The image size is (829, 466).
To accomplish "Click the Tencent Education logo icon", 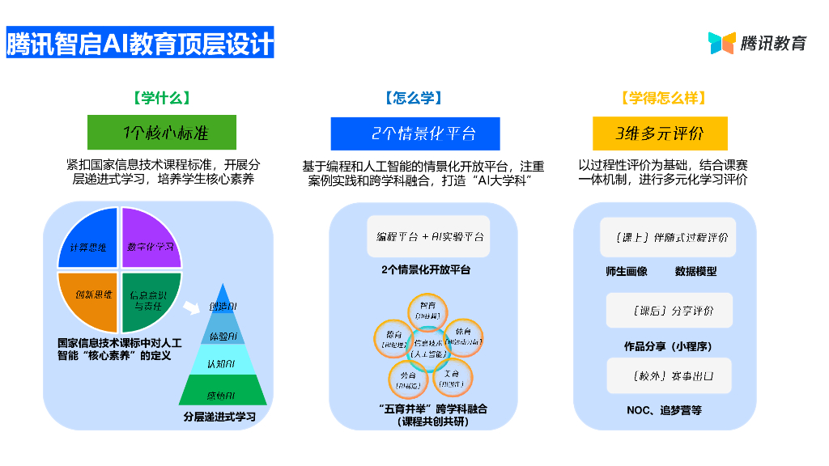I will point(721,43).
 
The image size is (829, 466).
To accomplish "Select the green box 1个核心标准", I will point(161,133).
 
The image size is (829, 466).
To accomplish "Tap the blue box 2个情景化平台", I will point(414,133).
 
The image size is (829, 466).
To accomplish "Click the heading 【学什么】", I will point(162,98).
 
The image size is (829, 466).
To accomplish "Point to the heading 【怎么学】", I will point(414,98).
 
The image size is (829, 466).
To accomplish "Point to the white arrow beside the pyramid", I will point(192,308).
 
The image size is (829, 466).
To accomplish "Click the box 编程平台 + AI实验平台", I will point(429,236).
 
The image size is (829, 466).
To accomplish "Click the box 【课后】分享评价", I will point(669,311).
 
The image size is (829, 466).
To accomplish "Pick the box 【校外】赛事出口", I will point(669,376).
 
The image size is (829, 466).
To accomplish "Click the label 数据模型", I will point(695,272).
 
